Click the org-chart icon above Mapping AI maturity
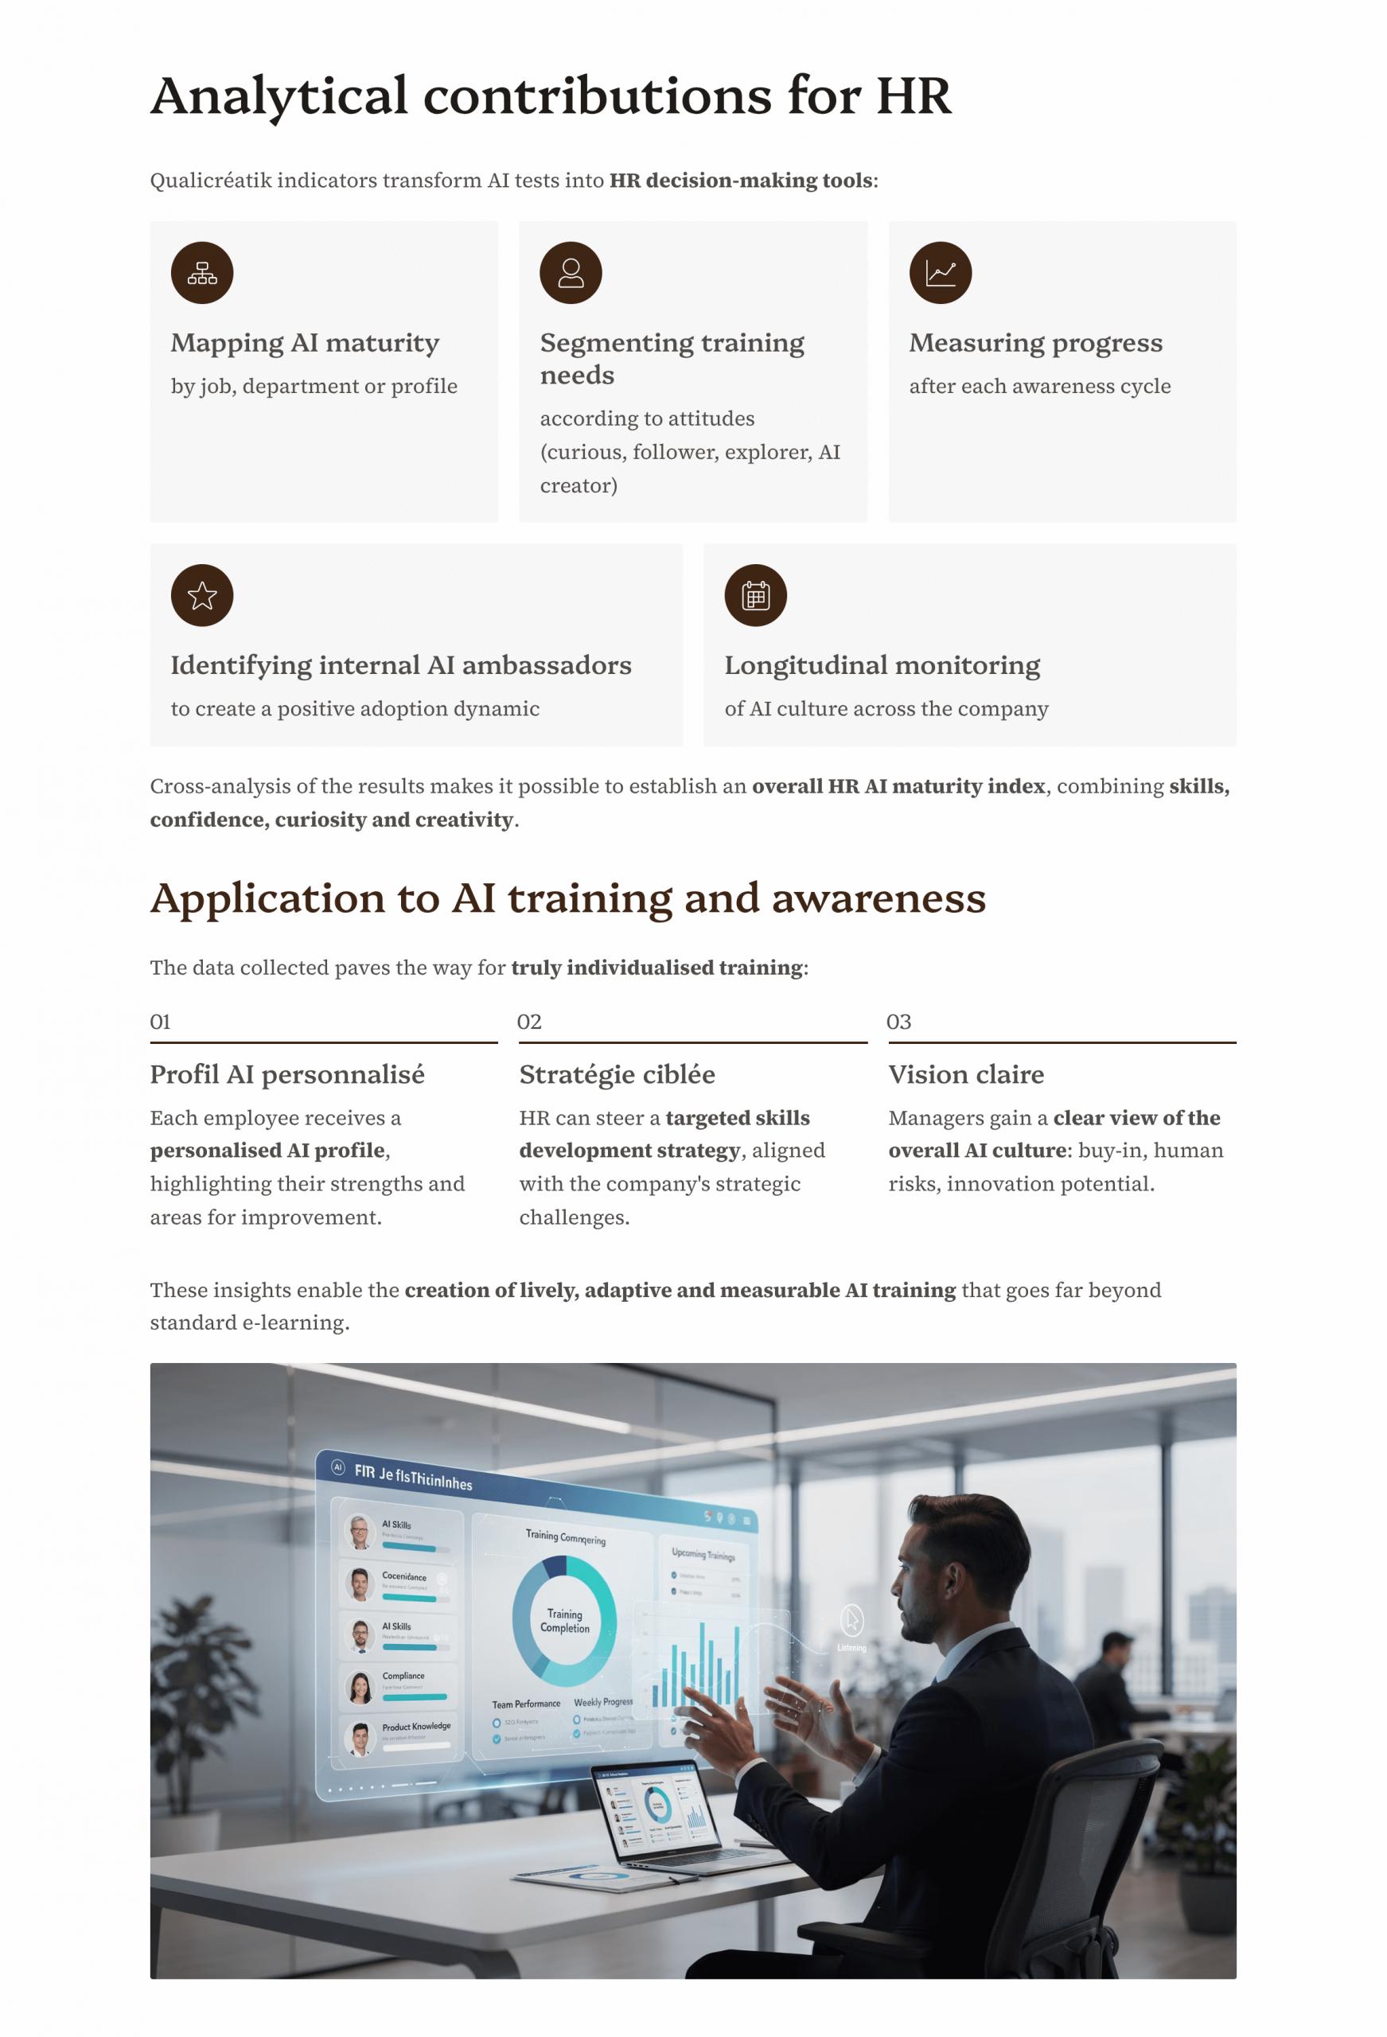click(201, 274)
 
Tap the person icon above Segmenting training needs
click(571, 274)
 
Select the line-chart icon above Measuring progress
click(940, 274)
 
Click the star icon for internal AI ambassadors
click(201, 596)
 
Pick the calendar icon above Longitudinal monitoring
click(755, 596)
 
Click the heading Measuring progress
click(1035, 343)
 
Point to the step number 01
click(161, 1022)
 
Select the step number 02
click(529, 1022)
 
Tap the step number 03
click(898, 1022)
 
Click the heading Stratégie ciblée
click(617, 1074)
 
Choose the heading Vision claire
click(966, 1074)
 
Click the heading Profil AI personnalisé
click(286, 1074)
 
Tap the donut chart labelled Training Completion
click(565, 1621)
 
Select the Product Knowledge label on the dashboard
click(415, 1726)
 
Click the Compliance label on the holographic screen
click(403, 1676)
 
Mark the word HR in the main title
click(913, 95)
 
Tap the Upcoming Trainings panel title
click(703, 1554)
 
